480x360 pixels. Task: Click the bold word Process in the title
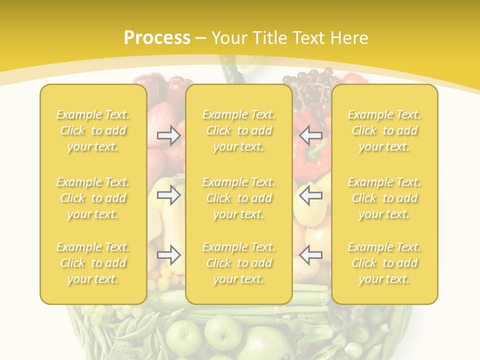157,38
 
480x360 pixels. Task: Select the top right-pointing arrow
169,135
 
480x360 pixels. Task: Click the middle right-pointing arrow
169,195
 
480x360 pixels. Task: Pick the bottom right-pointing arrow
169,255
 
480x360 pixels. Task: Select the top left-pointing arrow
310,135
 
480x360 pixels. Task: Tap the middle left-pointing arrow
310,195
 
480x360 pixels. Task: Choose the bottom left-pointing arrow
310,255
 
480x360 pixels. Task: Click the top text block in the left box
93,130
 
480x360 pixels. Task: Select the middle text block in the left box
93,198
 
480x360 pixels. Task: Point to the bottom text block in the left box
93,263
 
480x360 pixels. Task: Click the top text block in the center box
238,130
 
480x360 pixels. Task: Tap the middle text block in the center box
238,198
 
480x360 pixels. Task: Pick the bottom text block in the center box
238,263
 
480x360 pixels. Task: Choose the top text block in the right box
384,130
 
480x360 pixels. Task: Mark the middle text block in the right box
384,198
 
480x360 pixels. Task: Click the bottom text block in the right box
384,263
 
